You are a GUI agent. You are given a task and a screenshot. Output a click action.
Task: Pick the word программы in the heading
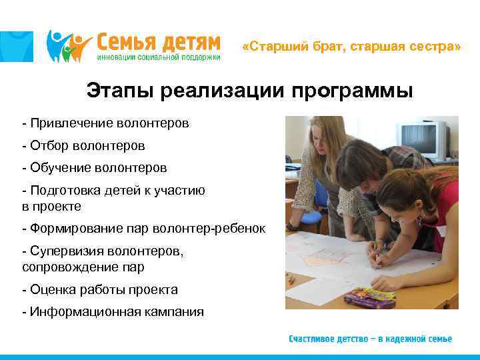click(352, 91)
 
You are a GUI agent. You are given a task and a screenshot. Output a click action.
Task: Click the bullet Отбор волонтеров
click(83, 145)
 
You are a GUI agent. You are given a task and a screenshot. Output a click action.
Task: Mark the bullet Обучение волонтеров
click(94, 167)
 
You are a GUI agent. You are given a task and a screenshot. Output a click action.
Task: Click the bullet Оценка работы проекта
click(100, 289)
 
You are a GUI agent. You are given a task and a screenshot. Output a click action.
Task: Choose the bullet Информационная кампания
click(113, 311)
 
